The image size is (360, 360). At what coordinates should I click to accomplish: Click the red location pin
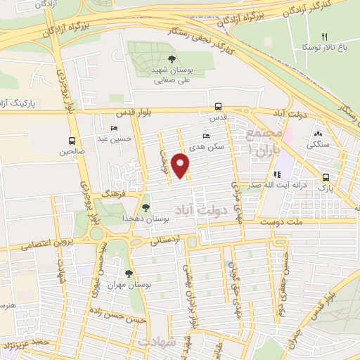181,165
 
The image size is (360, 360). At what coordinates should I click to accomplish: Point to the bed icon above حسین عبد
114,128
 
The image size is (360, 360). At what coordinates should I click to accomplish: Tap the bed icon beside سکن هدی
205,136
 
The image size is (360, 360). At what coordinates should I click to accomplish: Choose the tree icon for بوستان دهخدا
146,207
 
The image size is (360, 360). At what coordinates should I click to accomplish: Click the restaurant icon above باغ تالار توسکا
324,36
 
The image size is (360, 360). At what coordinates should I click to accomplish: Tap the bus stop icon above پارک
325,178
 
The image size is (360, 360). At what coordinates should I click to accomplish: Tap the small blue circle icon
231,265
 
